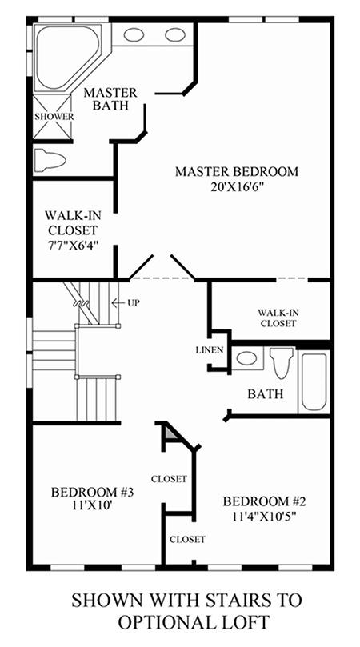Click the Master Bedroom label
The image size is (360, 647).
click(x=237, y=171)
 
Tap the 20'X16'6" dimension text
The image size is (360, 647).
click(x=237, y=188)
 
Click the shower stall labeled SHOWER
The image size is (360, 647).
click(x=53, y=117)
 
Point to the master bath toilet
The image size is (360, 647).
click(x=50, y=159)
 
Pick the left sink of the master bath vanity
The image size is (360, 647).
click(x=134, y=34)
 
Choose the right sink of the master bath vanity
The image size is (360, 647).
click(x=175, y=34)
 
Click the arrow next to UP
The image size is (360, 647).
click(x=118, y=303)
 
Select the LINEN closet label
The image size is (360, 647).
click(x=210, y=350)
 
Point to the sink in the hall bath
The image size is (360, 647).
click(x=247, y=357)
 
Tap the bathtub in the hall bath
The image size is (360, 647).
click(x=314, y=382)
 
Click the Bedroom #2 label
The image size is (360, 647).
click(x=264, y=501)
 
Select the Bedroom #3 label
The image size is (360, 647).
click(x=93, y=493)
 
